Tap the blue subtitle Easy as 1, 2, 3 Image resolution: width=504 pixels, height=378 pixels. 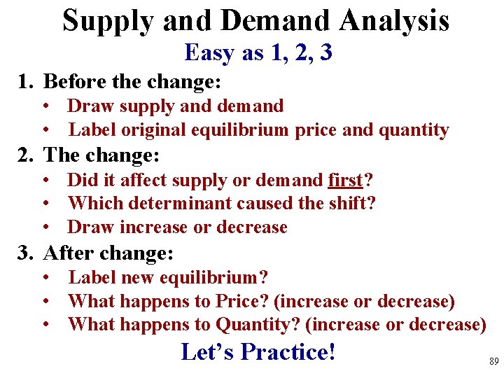pyautogui.click(x=258, y=52)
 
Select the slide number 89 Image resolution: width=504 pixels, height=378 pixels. pyautogui.click(x=493, y=362)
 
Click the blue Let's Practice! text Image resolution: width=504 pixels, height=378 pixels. pyautogui.click(x=258, y=351)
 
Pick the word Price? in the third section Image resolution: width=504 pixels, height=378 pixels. pyautogui.click(x=244, y=302)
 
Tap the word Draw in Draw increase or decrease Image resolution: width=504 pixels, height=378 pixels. pyautogui.click(x=89, y=227)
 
